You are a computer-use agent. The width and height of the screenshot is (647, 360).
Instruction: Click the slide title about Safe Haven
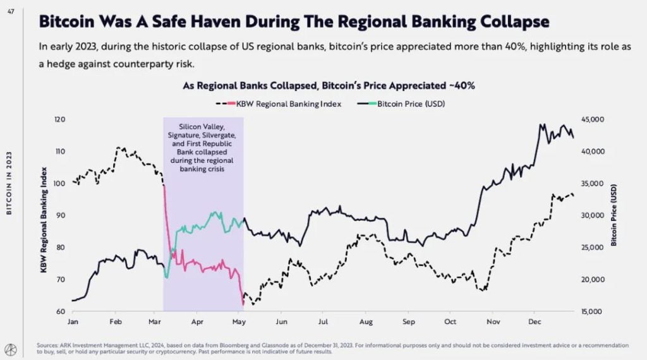294,21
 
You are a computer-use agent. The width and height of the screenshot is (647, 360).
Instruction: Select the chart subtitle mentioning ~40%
329,85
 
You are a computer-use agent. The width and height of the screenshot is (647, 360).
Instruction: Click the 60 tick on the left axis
60,311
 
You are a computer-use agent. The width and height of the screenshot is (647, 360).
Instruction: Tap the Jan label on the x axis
73,321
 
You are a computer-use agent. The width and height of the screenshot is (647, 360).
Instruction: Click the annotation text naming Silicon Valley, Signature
203,147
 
